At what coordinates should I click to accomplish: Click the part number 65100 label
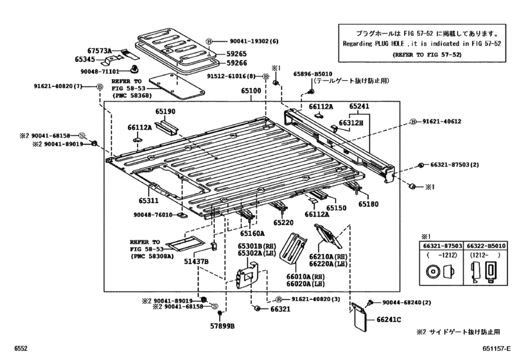tap(251, 91)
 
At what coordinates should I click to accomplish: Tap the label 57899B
tap(222, 326)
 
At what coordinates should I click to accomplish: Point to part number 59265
tap(236, 54)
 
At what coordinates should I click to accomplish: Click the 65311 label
tap(148, 201)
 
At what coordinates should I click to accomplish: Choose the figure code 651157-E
tap(497, 348)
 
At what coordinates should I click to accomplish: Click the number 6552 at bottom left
tap(21, 348)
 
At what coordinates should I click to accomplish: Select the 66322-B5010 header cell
tap(486, 246)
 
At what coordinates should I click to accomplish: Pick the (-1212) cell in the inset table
tap(442, 255)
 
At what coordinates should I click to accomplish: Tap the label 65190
tap(165, 111)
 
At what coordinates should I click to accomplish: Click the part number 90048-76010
tap(153, 215)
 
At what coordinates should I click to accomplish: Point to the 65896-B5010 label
tap(313, 74)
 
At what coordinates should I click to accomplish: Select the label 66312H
tap(351, 123)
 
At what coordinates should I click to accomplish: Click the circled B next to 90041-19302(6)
tap(209, 41)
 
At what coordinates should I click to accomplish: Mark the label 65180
tap(368, 204)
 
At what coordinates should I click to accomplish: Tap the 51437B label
tap(197, 262)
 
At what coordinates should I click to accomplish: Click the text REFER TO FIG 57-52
tap(427, 55)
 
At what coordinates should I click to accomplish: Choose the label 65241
tap(359, 106)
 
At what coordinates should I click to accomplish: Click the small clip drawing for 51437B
tap(214, 246)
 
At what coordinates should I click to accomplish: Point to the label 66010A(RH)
tap(306, 276)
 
